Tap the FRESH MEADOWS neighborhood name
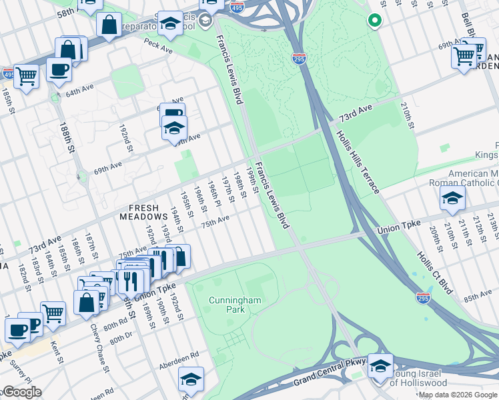click(x=143, y=211)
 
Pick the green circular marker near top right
click(x=374, y=20)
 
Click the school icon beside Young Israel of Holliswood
click(x=380, y=366)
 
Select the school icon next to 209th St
click(x=452, y=198)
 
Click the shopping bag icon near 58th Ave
click(x=109, y=25)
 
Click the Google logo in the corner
click(x=21, y=392)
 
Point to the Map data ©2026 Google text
click(x=458, y=395)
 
